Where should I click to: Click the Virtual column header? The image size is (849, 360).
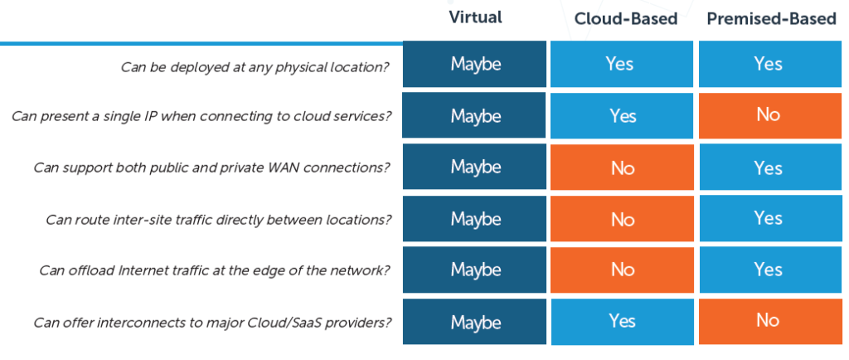pyautogui.click(x=475, y=17)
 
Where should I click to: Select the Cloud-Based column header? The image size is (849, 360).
pyautogui.click(x=625, y=19)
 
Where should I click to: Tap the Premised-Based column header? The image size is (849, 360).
pyautogui.click(x=772, y=19)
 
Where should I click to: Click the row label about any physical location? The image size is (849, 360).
pyautogui.click(x=255, y=68)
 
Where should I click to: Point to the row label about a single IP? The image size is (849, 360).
pyautogui.click(x=201, y=117)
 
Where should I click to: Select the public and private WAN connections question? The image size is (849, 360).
pyautogui.click(x=211, y=168)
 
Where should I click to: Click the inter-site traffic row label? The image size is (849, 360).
pyautogui.click(x=218, y=219)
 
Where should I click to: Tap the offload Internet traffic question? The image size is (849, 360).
pyautogui.click(x=215, y=270)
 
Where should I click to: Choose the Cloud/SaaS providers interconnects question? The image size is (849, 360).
pyautogui.click(x=212, y=323)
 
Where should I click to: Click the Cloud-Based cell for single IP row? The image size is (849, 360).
pyautogui.click(x=622, y=115)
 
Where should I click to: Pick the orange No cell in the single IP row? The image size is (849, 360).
pyautogui.click(x=769, y=115)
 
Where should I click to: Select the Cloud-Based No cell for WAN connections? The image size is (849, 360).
pyautogui.click(x=622, y=168)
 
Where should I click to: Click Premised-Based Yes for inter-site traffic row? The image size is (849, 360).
pyautogui.click(x=769, y=219)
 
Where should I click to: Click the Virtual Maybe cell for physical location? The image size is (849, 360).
pyautogui.click(x=474, y=64)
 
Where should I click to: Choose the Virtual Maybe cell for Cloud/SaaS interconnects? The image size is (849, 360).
pyautogui.click(x=474, y=322)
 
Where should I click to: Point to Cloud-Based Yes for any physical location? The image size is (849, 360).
pyautogui.click(x=622, y=64)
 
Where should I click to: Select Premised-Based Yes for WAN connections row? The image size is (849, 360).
pyautogui.click(x=769, y=168)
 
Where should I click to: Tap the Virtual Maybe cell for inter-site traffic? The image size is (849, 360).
pyautogui.click(x=474, y=219)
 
